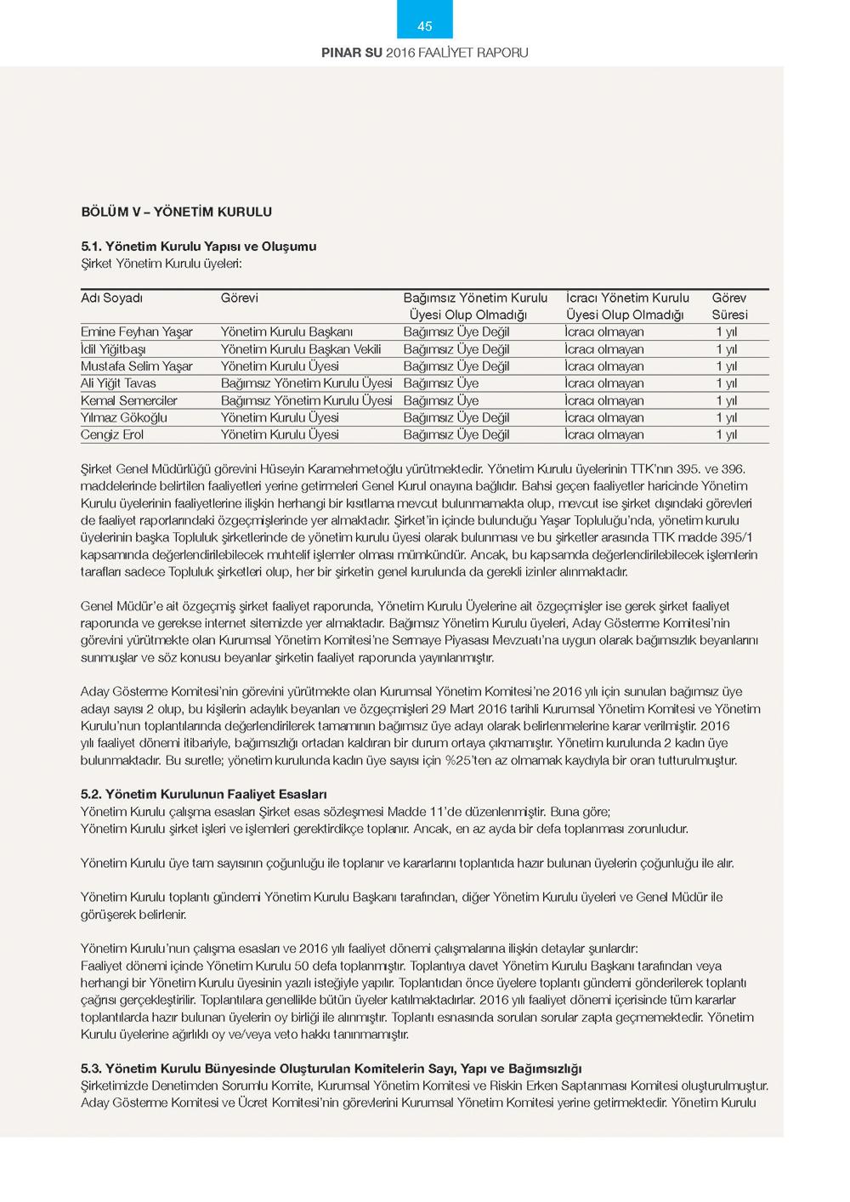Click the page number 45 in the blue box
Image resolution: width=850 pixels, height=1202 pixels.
click(x=424, y=26)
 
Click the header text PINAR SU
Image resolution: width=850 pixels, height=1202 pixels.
click(x=351, y=53)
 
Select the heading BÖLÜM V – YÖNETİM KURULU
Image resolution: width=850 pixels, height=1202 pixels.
click(x=176, y=212)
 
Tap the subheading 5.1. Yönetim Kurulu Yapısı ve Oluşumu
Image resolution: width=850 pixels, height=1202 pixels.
click(x=198, y=247)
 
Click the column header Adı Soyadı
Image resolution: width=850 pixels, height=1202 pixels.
click(x=111, y=298)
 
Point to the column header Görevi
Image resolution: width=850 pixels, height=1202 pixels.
click(x=239, y=298)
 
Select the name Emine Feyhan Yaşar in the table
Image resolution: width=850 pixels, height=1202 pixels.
click(x=136, y=332)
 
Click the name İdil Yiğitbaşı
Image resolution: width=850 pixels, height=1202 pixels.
click(x=113, y=349)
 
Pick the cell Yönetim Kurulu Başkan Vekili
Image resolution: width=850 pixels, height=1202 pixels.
click(x=300, y=349)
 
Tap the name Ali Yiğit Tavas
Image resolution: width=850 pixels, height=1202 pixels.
click(x=118, y=383)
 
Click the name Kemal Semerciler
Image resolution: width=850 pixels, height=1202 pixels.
click(x=128, y=400)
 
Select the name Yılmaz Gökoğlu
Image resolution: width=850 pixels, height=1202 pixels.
click(x=123, y=417)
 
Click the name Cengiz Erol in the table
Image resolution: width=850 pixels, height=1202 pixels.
click(x=112, y=434)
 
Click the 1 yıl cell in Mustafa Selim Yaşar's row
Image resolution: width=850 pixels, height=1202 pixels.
click(x=726, y=366)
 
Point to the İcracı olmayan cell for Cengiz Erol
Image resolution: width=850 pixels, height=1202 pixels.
click(x=603, y=434)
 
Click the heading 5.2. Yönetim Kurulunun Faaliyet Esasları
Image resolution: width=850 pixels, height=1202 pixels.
click(x=203, y=794)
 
